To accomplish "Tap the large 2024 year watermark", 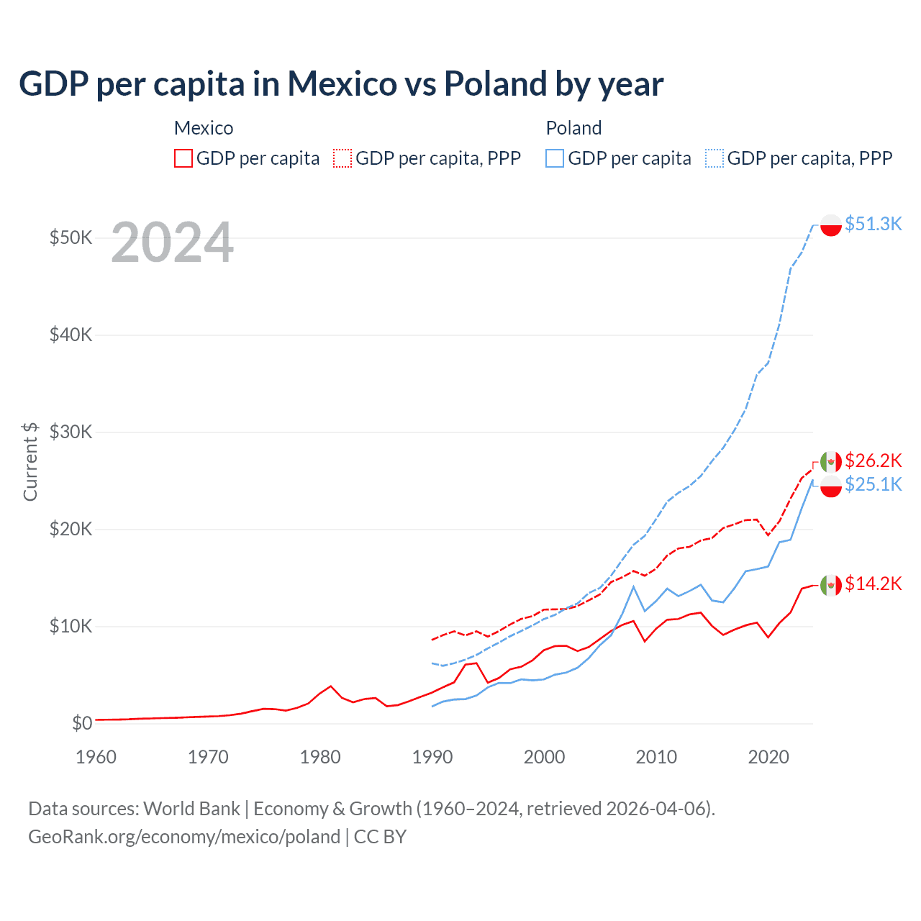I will click(x=172, y=243).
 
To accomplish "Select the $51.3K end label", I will click(x=873, y=224).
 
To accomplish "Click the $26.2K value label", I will click(x=873, y=460).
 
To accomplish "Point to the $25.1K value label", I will click(x=873, y=484).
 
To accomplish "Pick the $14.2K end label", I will click(x=873, y=584).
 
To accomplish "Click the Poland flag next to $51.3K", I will click(x=831, y=225).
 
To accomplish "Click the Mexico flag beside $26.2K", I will click(x=831, y=462).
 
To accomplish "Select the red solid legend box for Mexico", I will click(x=183, y=158).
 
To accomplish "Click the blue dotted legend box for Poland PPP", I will click(x=714, y=158).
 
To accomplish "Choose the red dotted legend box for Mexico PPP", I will click(x=342, y=158).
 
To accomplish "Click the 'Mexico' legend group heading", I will click(x=204, y=128).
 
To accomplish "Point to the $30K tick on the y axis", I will click(x=71, y=432).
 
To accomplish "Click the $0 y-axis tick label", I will click(x=82, y=723).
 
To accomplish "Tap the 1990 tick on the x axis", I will click(x=432, y=757).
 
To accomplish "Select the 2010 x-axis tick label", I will click(x=656, y=757).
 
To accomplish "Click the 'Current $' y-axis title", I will click(x=30, y=461).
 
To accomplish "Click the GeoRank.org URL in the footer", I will click(x=184, y=837).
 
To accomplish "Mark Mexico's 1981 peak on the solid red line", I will click(x=331, y=686).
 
